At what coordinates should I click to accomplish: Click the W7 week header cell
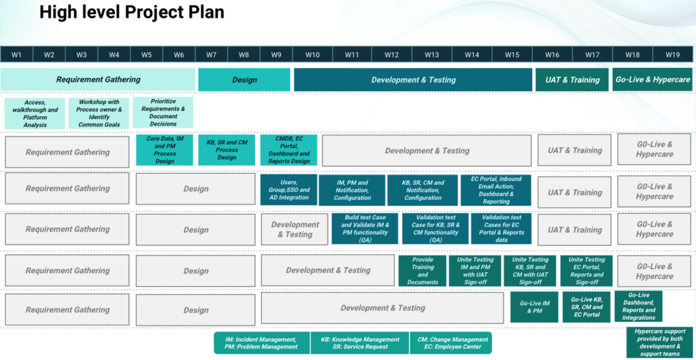pyautogui.click(x=211, y=54)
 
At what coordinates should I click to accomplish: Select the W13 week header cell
pyautogui.click(x=432, y=54)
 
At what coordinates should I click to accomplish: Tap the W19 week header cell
pyautogui.click(x=672, y=54)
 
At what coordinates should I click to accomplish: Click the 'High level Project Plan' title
pyautogui.click(x=132, y=12)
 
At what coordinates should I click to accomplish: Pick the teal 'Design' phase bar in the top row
pyautogui.click(x=244, y=79)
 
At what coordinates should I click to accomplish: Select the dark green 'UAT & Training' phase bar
pyautogui.click(x=572, y=79)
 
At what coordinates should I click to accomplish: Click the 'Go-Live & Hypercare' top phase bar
pyautogui.click(x=652, y=79)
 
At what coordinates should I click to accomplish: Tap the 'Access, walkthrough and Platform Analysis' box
pyautogui.click(x=35, y=113)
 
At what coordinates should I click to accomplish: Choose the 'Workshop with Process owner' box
pyautogui.click(x=99, y=113)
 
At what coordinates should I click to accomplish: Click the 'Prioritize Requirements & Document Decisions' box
pyautogui.click(x=163, y=113)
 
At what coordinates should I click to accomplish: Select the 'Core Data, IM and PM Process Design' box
pyautogui.click(x=164, y=150)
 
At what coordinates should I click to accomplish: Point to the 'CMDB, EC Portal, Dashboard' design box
pyautogui.click(x=289, y=150)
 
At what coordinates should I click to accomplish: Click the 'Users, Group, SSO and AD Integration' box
pyautogui.click(x=289, y=190)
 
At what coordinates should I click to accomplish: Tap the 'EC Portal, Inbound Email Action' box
pyautogui.click(x=496, y=190)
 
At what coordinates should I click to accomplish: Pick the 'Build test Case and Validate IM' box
pyautogui.click(x=366, y=229)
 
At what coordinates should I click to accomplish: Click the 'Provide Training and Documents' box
pyautogui.click(x=422, y=270)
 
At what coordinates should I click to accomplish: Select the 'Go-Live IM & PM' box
pyautogui.click(x=534, y=307)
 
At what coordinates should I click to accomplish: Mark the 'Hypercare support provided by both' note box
pyautogui.click(x=659, y=342)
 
